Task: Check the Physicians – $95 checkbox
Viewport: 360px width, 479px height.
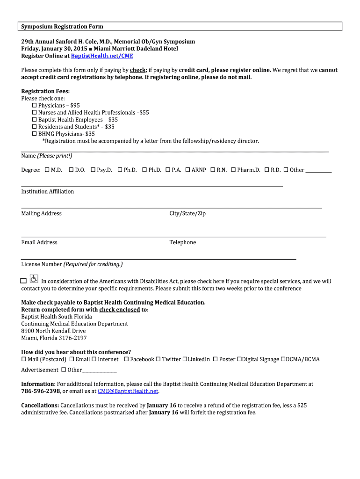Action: tap(34, 106)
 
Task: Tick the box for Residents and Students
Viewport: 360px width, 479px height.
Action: tap(34, 127)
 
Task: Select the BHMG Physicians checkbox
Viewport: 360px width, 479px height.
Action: tap(34, 134)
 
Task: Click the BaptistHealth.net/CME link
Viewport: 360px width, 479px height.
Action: tap(102, 56)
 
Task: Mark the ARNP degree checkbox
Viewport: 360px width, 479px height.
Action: tap(187, 170)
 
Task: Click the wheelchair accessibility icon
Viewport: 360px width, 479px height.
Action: tap(34, 279)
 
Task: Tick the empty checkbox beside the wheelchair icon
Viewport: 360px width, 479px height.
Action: tap(23, 281)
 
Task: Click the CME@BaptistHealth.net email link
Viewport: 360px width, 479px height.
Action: tap(128, 391)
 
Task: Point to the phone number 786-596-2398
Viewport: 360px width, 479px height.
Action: tap(41, 391)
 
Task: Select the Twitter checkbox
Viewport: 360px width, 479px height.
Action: tap(158, 359)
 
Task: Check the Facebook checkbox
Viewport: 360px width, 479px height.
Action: tap(126, 359)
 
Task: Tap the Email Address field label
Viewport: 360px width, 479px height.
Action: tap(39, 242)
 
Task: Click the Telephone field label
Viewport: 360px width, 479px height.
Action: tap(182, 242)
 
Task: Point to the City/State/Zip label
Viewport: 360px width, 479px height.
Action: tap(187, 213)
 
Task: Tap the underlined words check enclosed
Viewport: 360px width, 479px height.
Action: tap(119, 310)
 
